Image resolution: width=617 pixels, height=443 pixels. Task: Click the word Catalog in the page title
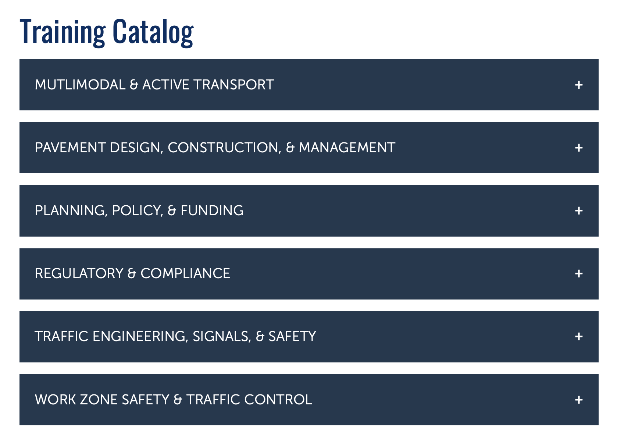pos(153,32)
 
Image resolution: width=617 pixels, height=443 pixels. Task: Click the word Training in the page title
pos(63,32)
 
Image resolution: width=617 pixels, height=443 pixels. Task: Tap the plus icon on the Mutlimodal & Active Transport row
pos(579,85)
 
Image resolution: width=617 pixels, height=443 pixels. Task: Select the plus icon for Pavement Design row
pos(579,148)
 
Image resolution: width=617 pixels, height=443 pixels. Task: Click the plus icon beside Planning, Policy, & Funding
pos(579,211)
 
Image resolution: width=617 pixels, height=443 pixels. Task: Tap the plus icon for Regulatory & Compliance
pos(579,274)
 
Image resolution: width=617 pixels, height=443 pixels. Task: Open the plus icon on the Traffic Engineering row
pos(579,337)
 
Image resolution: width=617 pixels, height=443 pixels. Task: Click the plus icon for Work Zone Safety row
pos(579,400)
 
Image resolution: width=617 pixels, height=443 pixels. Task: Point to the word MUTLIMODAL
pos(80,85)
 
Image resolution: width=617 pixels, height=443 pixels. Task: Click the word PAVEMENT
pos(70,148)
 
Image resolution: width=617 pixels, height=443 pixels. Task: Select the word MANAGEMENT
pos(347,148)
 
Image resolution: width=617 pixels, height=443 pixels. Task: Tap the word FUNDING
pos(212,210)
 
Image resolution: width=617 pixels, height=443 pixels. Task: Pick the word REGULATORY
pos(79,273)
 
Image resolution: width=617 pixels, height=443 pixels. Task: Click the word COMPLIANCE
pos(185,273)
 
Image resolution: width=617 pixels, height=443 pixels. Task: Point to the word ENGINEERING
pos(140,337)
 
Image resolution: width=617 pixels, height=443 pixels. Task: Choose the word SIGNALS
pos(222,337)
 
